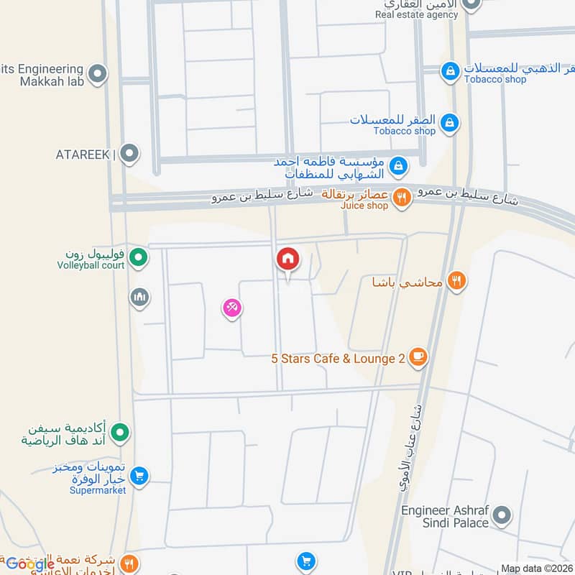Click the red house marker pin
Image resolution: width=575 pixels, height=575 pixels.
tap(288, 259)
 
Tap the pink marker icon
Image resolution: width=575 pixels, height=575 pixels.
tap(231, 309)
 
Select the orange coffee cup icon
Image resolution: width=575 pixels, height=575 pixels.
tap(418, 356)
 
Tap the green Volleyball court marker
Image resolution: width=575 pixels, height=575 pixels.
tap(139, 256)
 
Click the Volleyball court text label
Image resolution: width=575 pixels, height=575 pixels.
tap(91, 265)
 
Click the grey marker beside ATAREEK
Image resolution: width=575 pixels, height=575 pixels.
tap(129, 153)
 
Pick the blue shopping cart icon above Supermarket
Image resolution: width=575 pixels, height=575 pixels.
tap(140, 475)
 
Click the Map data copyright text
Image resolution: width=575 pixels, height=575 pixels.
tap(536, 569)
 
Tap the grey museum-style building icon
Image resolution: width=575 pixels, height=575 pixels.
tap(139, 296)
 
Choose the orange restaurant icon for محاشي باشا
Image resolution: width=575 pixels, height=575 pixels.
tap(456, 281)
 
